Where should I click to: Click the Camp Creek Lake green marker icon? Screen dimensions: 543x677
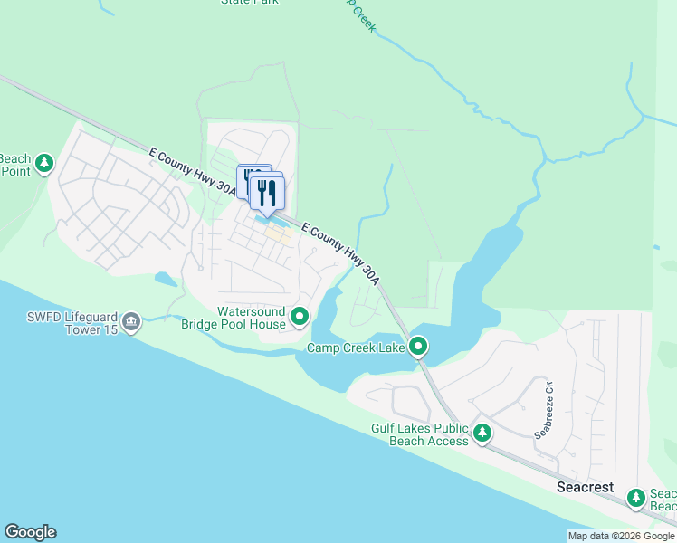418,346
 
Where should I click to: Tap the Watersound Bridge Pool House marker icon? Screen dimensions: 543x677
300,317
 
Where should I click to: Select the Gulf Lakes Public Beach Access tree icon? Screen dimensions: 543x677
483,433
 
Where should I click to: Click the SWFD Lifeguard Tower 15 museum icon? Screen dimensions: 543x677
131,322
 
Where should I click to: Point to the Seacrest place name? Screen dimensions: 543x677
584,487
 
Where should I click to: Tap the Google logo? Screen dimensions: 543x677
30,532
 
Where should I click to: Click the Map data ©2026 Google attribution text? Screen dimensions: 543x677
621,536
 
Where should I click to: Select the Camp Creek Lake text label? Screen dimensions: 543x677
356,348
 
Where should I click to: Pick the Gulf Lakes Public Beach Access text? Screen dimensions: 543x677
420,434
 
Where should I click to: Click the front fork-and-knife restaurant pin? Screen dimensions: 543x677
267,192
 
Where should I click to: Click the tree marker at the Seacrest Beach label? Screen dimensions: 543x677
637,497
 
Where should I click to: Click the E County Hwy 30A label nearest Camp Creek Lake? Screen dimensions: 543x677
340,249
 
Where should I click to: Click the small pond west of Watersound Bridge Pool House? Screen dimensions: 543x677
165,279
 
